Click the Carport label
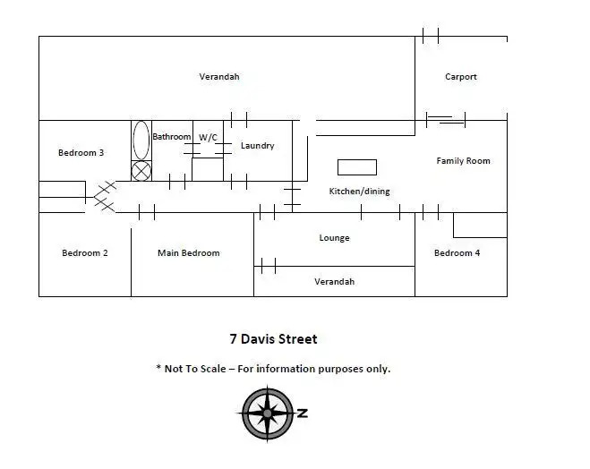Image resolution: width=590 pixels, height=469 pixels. click(460, 77)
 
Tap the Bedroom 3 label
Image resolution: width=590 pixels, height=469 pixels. click(81, 153)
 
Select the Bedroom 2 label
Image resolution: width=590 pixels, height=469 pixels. click(85, 252)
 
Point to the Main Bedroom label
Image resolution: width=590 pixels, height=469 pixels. click(189, 252)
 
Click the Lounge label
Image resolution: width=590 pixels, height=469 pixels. click(334, 238)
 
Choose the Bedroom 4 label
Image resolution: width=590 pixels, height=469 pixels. click(457, 252)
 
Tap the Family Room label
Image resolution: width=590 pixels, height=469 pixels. click(463, 161)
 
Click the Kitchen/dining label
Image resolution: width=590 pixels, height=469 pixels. click(359, 191)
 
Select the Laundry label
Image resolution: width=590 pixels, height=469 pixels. click(257, 146)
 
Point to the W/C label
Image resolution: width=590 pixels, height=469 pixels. click(208, 137)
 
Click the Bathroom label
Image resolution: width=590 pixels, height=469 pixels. click(172, 137)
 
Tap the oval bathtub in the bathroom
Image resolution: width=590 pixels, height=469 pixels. click(141, 140)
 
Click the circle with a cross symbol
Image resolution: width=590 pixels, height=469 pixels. click(141, 171)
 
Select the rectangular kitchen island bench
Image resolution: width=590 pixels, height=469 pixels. click(357, 167)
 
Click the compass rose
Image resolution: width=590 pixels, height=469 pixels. click(267, 414)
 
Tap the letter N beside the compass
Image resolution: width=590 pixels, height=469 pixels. click(303, 413)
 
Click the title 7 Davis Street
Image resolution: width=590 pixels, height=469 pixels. click(274, 339)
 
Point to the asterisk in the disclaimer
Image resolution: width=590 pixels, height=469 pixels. click(158, 367)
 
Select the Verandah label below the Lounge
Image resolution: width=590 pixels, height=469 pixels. click(335, 282)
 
